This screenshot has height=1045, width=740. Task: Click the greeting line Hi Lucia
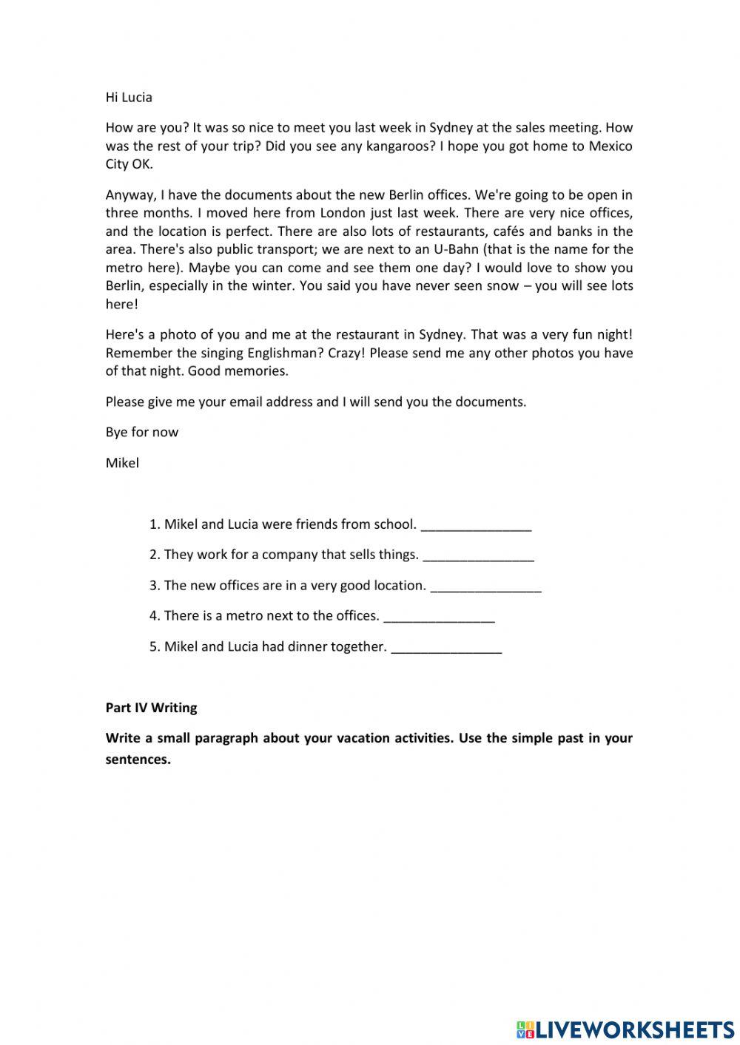pos(129,97)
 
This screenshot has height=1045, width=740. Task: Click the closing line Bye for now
pos(141,432)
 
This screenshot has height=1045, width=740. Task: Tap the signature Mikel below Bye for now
pos(122,463)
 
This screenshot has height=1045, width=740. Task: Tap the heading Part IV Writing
pos(151,708)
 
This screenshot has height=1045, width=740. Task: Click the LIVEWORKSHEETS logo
pos(625,1029)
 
